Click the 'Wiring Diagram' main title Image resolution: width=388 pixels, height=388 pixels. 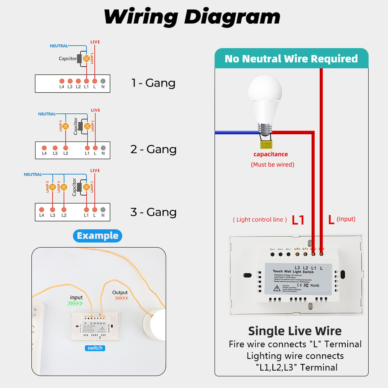192,17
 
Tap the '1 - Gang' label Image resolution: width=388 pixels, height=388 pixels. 153,83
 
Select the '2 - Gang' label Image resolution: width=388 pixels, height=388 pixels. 153,149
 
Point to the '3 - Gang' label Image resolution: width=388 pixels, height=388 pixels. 153,212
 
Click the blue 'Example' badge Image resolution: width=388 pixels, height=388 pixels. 97,236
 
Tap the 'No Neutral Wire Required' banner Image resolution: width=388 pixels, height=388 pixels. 291,59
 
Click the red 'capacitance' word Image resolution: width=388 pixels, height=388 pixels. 270,154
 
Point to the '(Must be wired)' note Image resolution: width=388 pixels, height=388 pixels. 272,165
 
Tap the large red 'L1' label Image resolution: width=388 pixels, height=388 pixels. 298,220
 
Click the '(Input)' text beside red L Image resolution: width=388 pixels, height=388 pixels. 346,219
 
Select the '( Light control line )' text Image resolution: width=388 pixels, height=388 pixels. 260,220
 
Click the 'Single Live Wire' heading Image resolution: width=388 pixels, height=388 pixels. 295,331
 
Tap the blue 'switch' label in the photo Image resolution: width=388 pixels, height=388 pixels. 95,348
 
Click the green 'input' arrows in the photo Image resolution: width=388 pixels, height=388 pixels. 76,304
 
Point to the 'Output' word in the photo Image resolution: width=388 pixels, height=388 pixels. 120,293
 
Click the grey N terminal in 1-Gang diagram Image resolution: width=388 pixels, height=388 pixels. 103,81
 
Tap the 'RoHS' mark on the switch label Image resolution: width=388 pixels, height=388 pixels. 315,286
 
